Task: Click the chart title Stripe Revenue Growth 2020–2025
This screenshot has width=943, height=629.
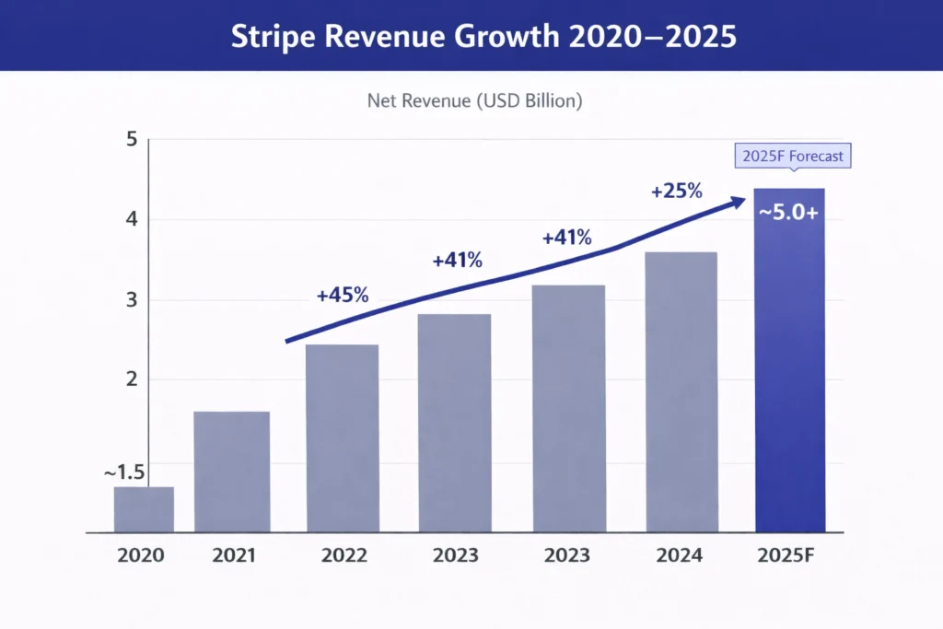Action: click(471, 35)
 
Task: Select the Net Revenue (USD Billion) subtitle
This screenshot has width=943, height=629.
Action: click(474, 101)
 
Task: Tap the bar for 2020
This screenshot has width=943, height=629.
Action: click(144, 509)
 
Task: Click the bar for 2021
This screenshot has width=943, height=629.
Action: click(231, 472)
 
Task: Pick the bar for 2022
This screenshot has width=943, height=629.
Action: click(342, 438)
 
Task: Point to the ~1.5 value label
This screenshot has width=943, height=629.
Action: click(124, 472)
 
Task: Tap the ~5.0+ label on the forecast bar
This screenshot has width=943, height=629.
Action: click(789, 211)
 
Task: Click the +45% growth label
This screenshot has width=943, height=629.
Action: click(342, 296)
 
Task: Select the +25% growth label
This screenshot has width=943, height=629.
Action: click(676, 192)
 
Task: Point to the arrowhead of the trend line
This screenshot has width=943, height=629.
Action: click(739, 200)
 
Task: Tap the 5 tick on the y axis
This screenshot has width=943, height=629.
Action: click(131, 140)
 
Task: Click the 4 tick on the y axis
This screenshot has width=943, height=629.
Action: click(131, 220)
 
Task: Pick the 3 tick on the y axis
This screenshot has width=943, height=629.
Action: click(131, 300)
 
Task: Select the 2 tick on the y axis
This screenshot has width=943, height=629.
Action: click(131, 379)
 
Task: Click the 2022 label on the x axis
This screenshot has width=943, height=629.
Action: click(343, 555)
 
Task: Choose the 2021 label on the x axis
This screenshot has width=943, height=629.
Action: click(232, 555)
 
